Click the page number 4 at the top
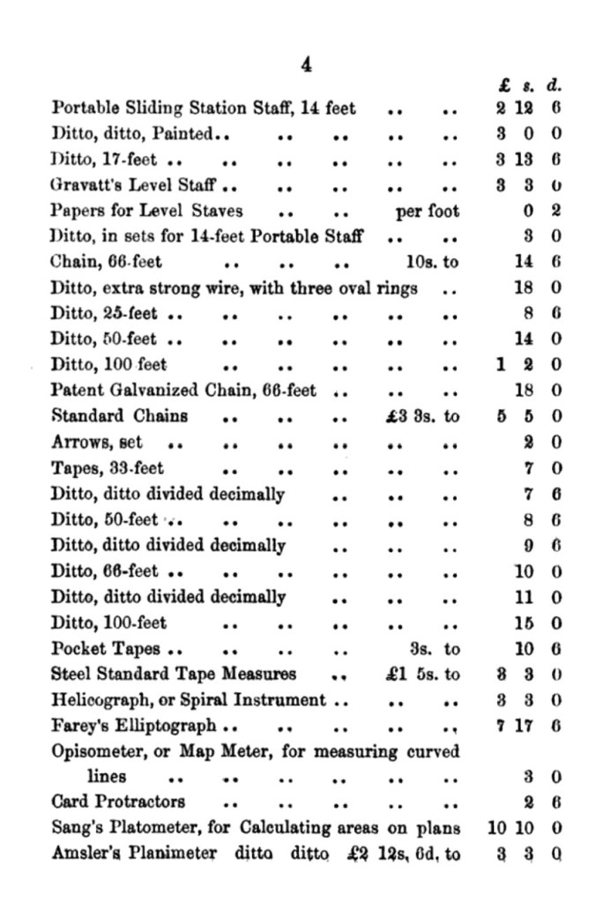click(x=306, y=63)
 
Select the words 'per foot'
click(x=428, y=212)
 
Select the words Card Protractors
click(x=118, y=802)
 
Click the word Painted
click(x=186, y=135)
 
